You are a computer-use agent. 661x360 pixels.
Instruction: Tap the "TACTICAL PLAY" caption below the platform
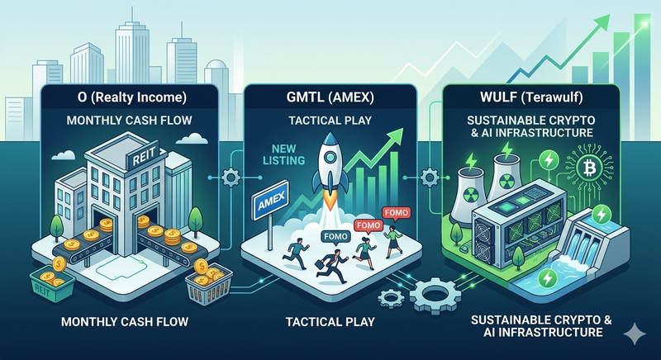(x=329, y=320)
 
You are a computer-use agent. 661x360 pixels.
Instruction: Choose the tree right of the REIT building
(x=195, y=222)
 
